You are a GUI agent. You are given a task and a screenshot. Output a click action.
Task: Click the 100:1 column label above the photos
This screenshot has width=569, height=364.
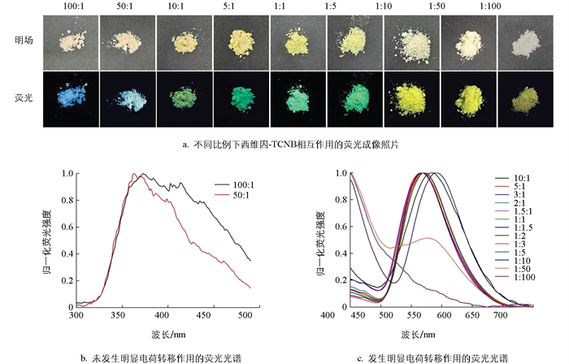[72, 6]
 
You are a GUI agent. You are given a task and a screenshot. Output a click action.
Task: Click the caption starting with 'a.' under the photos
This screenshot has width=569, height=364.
[284, 145]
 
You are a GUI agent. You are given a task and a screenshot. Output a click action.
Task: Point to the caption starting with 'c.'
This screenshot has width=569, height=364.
[439, 357]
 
